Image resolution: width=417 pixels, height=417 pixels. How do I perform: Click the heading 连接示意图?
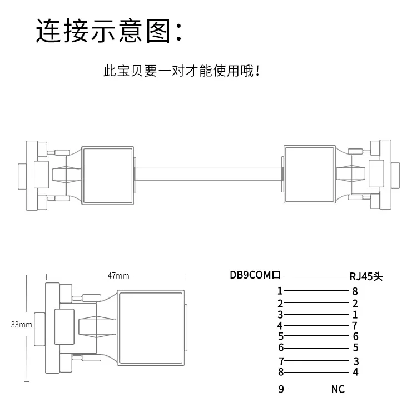pyautogui.click(x=103, y=31)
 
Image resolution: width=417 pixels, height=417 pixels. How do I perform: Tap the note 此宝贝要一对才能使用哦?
pyautogui.click(x=181, y=71)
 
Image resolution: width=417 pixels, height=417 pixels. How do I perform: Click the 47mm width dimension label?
pyautogui.click(x=118, y=276)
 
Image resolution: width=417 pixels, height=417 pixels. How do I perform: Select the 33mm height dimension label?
pyautogui.click(x=22, y=325)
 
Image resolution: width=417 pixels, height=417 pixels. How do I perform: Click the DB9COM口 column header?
pyautogui.click(x=255, y=275)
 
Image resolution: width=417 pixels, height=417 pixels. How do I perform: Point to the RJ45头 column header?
pyautogui.click(x=366, y=276)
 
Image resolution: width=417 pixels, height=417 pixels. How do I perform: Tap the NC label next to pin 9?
pyautogui.click(x=337, y=389)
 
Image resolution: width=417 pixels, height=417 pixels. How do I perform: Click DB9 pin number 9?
pyautogui.click(x=281, y=389)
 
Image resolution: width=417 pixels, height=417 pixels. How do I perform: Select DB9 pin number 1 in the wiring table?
pyautogui.click(x=280, y=291)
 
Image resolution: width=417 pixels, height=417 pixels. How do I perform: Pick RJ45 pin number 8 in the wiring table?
pyautogui.click(x=355, y=291)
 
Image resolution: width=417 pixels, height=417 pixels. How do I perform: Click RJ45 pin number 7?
pyautogui.click(x=355, y=325)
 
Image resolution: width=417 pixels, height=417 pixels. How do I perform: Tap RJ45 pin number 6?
pyautogui.click(x=356, y=336)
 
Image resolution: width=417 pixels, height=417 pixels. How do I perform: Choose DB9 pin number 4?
pyautogui.click(x=280, y=325)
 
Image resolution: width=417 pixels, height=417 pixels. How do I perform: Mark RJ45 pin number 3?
pyautogui.click(x=356, y=361)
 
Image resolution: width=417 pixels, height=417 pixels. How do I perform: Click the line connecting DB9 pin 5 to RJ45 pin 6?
pyautogui.click(x=316, y=336)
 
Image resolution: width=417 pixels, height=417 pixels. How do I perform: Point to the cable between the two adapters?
pyautogui.click(x=209, y=174)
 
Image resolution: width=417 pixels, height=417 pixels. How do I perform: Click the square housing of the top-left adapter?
pyautogui.click(x=107, y=175)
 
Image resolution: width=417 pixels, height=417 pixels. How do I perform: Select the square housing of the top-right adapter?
pyautogui.click(x=310, y=175)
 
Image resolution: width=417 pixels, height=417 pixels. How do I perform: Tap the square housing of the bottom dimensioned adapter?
pyautogui.click(x=151, y=328)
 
